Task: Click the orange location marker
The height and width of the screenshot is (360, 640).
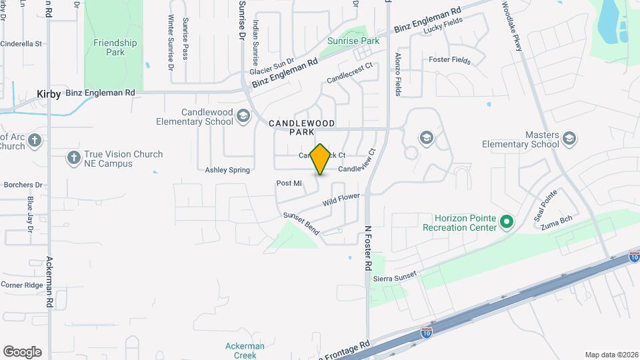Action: click(x=321, y=159)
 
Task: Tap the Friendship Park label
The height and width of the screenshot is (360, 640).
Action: click(x=115, y=47)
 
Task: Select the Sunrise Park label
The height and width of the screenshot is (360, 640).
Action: click(x=353, y=41)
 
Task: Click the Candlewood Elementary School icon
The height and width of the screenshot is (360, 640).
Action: click(x=243, y=117)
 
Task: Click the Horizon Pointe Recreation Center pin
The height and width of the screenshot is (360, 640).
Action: click(x=507, y=221)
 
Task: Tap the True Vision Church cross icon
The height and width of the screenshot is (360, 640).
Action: click(x=74, y=158)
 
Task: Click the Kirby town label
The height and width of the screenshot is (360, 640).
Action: click(x=49, y=93)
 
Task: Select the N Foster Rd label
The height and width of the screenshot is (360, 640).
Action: click(x=367, y=247)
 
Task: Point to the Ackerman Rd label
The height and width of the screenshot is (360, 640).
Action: click(x=49, y=281)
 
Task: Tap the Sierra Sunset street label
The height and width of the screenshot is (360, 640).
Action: click(x=395, y=274)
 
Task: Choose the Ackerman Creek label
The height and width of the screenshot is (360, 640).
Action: click(x=245, y=351)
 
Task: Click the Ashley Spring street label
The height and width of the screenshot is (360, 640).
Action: click(x=227, y=170)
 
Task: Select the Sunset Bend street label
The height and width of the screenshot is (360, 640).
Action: click(x=301, y=223)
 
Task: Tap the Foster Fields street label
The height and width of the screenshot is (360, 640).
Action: click(x=449, y=60)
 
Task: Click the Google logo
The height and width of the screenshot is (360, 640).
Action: click(x=22, y=352)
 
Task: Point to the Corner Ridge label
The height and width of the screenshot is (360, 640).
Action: click(x=21, y=285)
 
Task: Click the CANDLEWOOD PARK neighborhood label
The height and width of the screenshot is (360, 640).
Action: click(x=301, y=127)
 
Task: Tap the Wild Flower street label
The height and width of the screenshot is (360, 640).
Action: click(x=341, y=199)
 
